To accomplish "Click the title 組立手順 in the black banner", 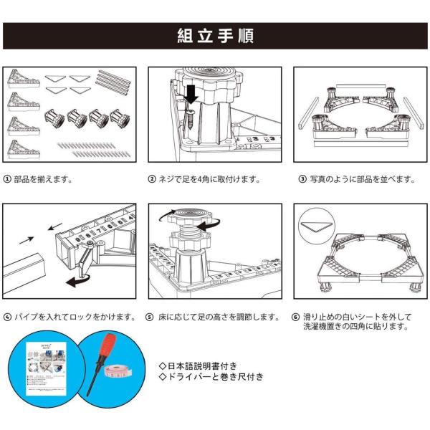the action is click(215, 36).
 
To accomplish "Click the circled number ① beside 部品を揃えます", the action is click(7, 179).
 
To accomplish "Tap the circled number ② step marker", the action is click(152, 179).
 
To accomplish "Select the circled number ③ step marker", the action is click(298, 179).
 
